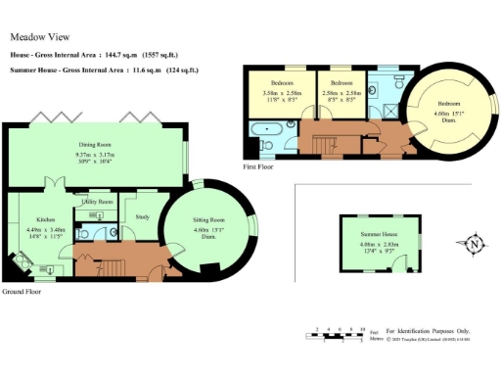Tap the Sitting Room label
click(x=208, y=221)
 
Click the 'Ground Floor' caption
click(x=21, y=292)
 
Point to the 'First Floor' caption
click(x=258, y=166)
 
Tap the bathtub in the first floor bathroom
click(x=267, y=129)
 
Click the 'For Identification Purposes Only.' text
click(x=427, y=332)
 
